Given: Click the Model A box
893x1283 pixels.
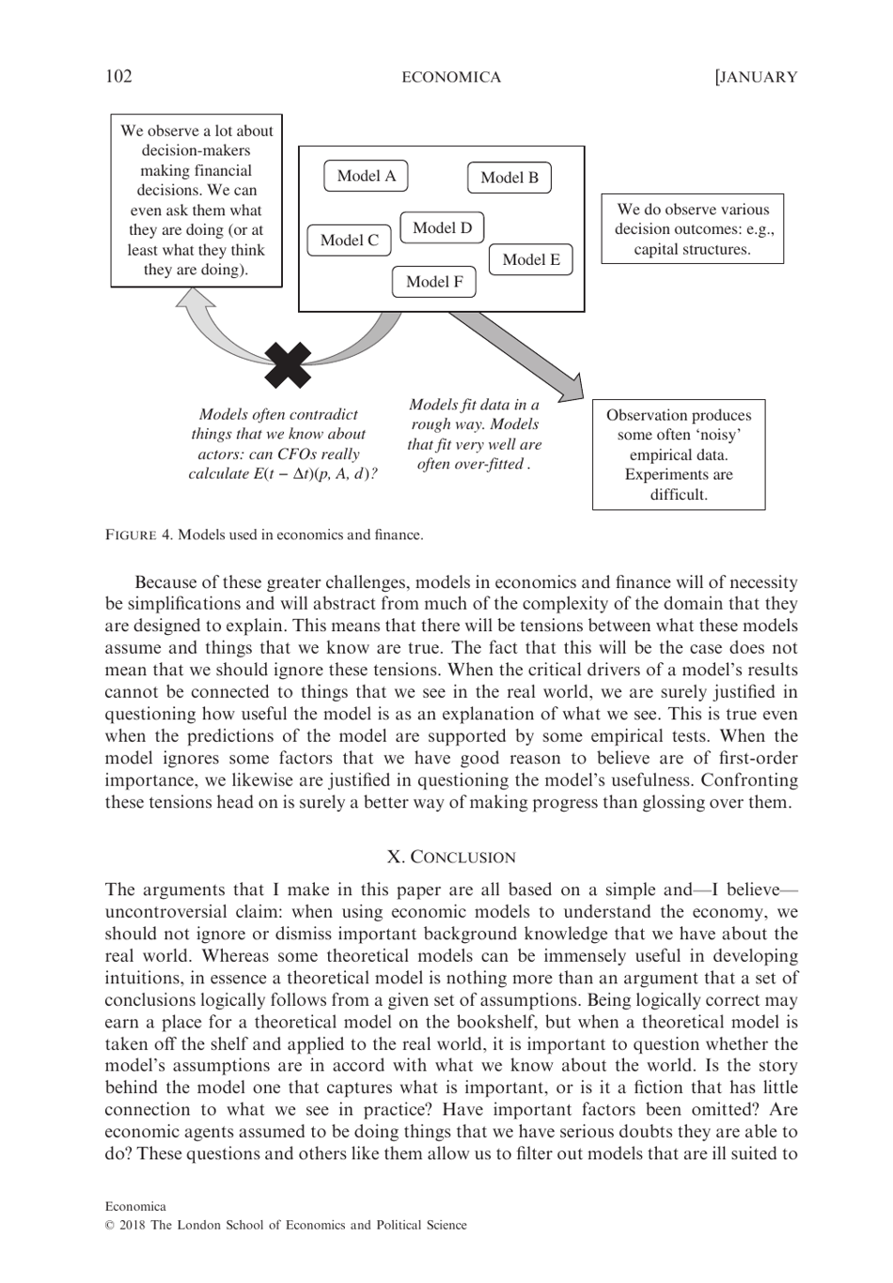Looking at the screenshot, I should tap(367, 176).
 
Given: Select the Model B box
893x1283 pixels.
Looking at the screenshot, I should tap(509, 178).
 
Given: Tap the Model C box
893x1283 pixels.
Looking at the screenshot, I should tap(349, 240).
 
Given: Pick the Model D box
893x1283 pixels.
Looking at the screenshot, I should tap(442, 228).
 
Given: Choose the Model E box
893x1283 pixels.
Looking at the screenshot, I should tap(530, 260).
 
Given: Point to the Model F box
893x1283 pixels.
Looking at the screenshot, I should tap(434, 282).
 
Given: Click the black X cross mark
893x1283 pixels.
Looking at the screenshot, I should tap(288, 365).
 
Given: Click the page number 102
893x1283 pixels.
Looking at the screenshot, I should tap(118, 77).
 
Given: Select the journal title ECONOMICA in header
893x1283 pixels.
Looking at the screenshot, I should tap(451, 77).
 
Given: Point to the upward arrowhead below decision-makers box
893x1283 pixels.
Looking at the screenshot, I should tap(196, 300).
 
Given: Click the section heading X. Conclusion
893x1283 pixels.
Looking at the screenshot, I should tap(451, 857).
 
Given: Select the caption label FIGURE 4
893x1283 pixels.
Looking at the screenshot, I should tap(139, 535).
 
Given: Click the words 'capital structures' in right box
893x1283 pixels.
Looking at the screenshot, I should tap(692, 250).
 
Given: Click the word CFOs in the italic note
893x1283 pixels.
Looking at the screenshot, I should tap(297, 454).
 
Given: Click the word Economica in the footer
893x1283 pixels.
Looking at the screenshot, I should tap(135, 1206).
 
